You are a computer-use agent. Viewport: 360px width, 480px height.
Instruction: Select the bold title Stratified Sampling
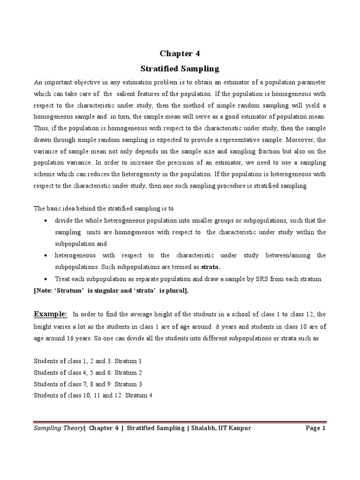click(x=180, y=69)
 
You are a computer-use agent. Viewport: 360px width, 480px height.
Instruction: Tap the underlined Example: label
click(x=50, y=300)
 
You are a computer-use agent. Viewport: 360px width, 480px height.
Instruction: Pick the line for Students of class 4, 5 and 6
click(x=88, y=372)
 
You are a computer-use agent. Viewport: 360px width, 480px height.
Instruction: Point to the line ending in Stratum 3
click(x=88, y=384)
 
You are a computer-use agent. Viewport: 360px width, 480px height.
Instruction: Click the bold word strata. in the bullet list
click(x=210, y=267)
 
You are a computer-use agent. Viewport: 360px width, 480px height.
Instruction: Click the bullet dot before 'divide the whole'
click(x=45, y=221)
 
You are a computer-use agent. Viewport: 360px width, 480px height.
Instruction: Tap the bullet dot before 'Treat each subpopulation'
click(x=45, y=279)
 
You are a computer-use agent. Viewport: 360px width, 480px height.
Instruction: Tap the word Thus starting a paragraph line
click(x=41, y=128)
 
